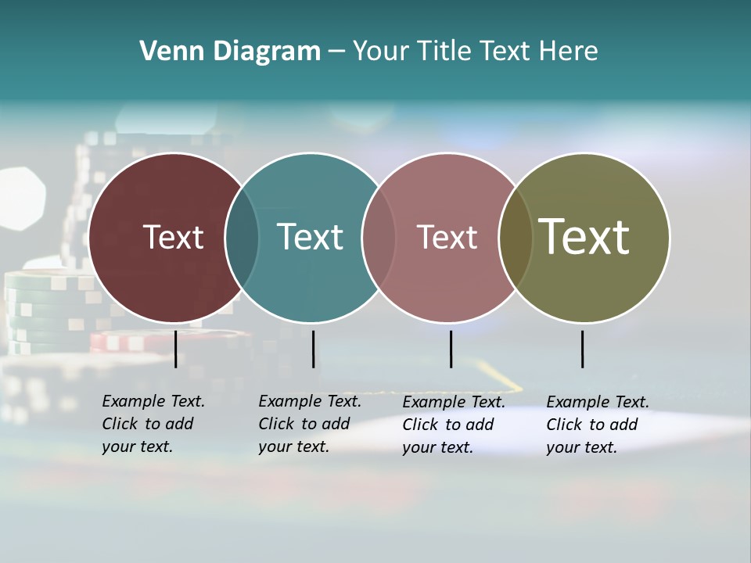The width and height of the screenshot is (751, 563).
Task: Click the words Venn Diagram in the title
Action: point(230,52)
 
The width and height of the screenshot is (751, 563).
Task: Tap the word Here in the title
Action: point(568,52)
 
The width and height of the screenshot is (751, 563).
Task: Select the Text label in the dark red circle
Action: point(173,237)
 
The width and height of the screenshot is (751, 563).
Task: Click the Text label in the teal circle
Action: point(311,237)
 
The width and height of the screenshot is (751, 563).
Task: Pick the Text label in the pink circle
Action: point(447,237)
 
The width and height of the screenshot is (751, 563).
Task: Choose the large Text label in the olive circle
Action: point(584,237)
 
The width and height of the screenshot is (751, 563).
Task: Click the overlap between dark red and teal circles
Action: point(242,237)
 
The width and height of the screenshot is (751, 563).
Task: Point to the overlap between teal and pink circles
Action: point(379,237)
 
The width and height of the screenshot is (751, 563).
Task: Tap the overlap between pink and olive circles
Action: point(516,237)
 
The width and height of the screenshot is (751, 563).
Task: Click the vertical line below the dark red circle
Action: point(175,349)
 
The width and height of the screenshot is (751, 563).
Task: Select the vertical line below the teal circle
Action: point(313,349)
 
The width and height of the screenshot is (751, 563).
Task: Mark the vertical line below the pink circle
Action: point(451,349)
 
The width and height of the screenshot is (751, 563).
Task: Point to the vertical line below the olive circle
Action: point(582,349)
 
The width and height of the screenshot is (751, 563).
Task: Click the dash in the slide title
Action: point(336,52)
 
